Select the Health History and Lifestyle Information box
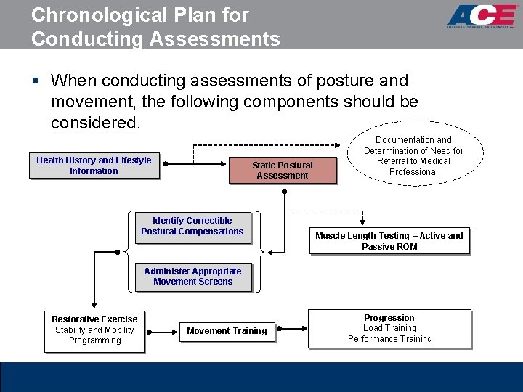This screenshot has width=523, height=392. click(94, 166)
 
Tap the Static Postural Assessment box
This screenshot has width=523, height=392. click(283, 171)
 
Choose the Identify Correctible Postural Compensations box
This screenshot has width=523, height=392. click(192, 226)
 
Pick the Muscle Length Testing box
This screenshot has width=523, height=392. click(389, 241)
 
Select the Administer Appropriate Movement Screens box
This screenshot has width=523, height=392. click(192, 277)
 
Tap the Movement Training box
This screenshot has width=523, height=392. click(227, 331)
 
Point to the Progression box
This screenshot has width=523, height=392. click(389, 328)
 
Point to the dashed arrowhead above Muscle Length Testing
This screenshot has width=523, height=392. click(362, 223)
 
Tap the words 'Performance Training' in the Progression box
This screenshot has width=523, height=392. click(389, 339)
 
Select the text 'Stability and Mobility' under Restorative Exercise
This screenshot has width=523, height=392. click(94, 330)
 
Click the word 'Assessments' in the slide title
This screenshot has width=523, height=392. click(215, 38)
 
